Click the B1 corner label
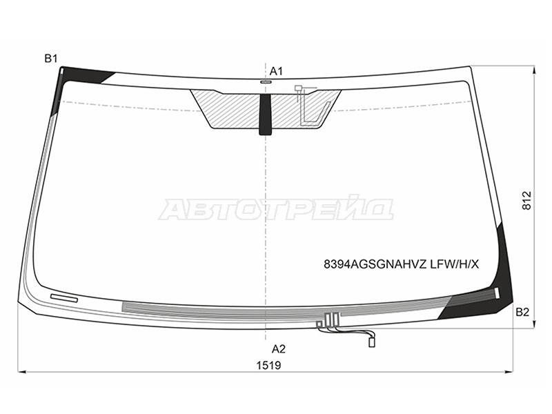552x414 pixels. (x=51, y=59)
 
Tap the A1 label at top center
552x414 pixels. (x=277, y=72)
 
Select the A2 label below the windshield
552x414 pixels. (x=279, y=349)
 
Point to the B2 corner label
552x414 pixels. (x=522, y=312)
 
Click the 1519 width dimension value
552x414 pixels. (x=268, y=366)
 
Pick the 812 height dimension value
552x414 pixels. (x=526, y=201)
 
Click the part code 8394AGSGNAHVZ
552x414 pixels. (x=375, y=264)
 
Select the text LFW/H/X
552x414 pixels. (x=455, y=264)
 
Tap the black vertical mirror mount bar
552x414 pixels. (x=266, y=115)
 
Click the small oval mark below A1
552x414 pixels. (x=266, y=82)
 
